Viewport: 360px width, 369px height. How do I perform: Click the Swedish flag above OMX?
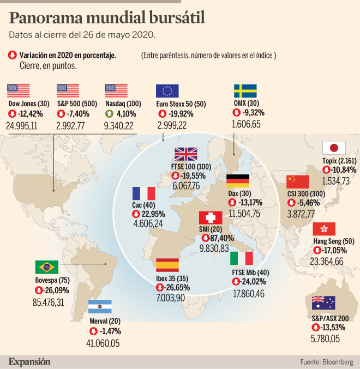[x=245, y=91]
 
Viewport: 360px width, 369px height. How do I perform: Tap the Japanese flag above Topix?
[x=334, y=148]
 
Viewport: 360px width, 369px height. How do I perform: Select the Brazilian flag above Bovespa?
[x=46, y=267]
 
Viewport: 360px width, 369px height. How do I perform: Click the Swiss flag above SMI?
[x=210, y=218]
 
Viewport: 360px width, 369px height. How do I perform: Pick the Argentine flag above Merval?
[x=100, y=306]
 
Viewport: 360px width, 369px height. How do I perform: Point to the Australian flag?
[x=323, y=303]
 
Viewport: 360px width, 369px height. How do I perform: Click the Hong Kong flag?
[x=323, y=229]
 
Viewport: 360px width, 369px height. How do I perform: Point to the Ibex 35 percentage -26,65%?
[x=172, y=287]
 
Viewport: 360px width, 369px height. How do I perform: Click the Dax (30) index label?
[x=239, y=193]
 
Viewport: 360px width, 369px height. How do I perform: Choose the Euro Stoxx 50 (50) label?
[x=181, y=104]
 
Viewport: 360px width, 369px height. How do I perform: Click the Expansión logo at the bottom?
[x=29, y=361]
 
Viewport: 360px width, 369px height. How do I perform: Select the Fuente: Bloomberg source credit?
[x=326, y=361]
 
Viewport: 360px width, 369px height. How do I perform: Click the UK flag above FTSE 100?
[x=185, y=155]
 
